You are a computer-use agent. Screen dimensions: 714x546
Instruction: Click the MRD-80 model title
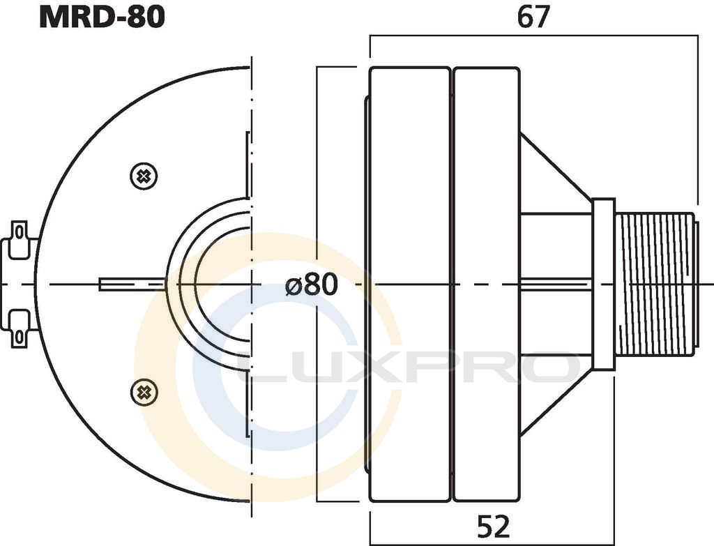tap(102, 17)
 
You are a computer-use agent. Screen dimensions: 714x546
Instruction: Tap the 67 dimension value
tap(533, 17)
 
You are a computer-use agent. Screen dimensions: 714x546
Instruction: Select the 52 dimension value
tap(494, 527)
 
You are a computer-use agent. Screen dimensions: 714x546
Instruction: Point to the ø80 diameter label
tap(312, 284)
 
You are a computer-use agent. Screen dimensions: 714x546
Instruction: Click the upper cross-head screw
tap(144, 176)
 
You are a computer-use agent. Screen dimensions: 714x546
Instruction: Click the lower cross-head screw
tap(144, 392)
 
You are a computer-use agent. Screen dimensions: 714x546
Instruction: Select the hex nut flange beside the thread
tap(603, 285)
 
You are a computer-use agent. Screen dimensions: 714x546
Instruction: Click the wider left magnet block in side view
tap(410, 285)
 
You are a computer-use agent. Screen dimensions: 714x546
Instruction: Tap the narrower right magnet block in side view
tap(487, 285)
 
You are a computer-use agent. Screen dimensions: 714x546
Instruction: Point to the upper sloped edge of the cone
tap(556, 166)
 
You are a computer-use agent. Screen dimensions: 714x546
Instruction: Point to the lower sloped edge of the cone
tap(556, 403)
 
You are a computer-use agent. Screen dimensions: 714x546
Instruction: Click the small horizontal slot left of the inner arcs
tap(132, 284)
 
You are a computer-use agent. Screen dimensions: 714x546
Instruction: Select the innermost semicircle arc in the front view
tap(222, 284)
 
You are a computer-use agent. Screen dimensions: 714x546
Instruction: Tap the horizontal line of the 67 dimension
tap(533, 36)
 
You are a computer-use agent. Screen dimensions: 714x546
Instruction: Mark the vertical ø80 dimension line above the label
tap(317, 169)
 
